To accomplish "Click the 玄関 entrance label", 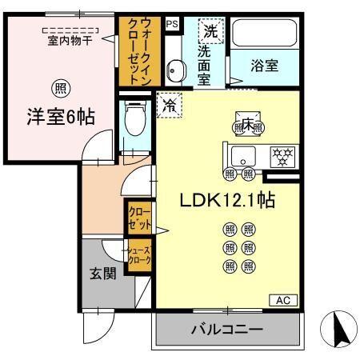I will pyautogui.click(x=102, y=273).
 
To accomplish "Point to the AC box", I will pyautogui.click(x=282, y=301).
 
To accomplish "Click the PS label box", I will pyautogui.click(x=171, y=24).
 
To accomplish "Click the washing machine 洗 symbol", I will pyautogui.click(x=210, y=32).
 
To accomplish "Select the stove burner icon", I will pyautogui.click(x=281, y=155).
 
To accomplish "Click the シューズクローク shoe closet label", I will pyautogui.click(x=138, y=258).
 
